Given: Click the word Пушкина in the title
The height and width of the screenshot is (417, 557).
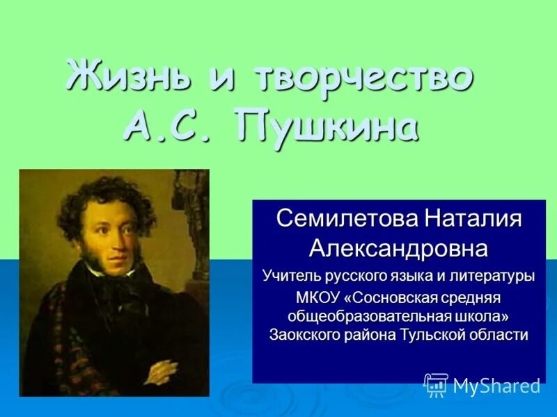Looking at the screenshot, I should [327, 126].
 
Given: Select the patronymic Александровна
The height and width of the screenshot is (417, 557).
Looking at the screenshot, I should [398, 247].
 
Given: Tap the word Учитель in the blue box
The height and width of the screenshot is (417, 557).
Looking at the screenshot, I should [290, 276].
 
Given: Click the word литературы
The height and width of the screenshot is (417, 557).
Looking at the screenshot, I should [494, 276].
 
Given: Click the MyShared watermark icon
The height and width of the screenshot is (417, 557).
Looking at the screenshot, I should [436, 385].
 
